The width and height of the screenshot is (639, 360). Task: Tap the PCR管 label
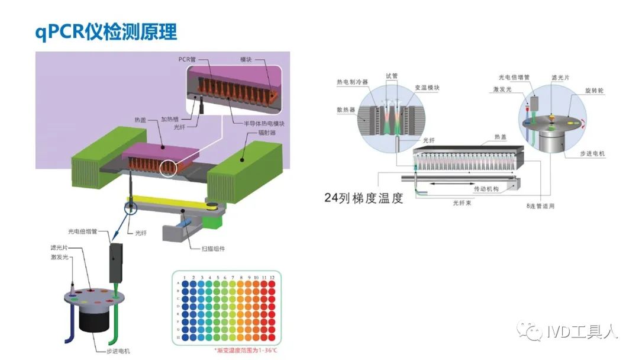click(188, 60)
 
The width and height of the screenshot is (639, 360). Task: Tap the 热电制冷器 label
click(352, 82)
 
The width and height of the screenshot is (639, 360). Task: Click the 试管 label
click(391, 76)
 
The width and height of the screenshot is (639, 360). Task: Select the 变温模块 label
click(427, 88)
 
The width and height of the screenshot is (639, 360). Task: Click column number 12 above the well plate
click(272, 277)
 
